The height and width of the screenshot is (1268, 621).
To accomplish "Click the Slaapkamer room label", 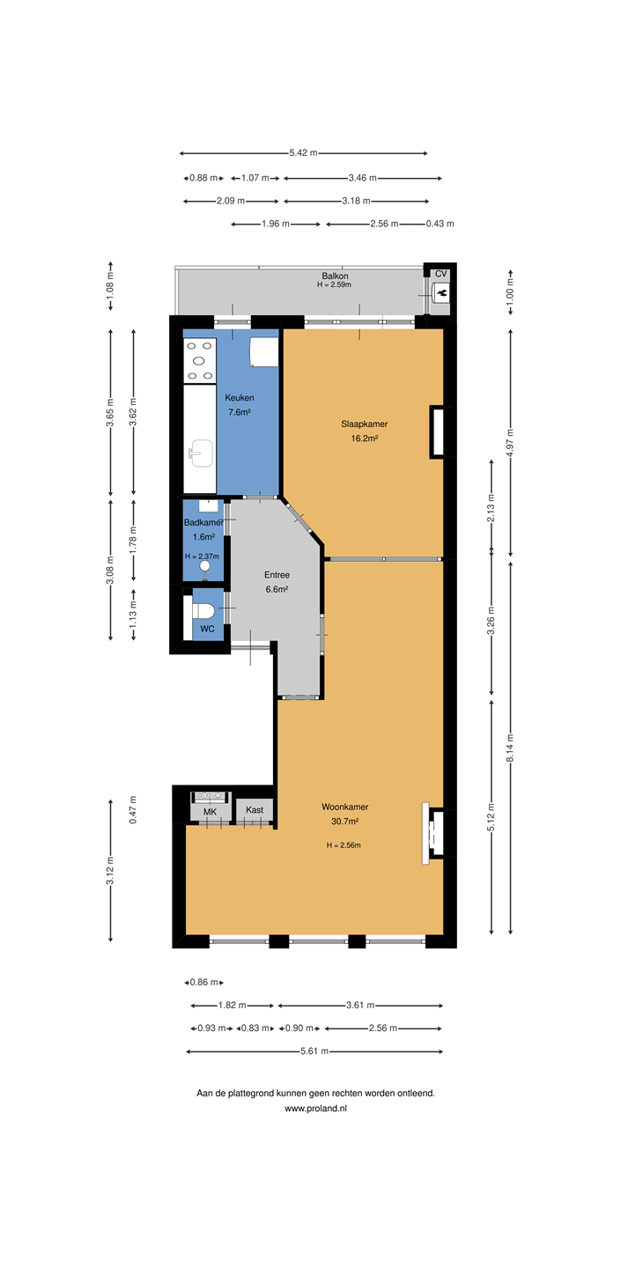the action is [364, 424].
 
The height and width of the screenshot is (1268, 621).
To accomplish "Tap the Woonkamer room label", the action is [344, 807].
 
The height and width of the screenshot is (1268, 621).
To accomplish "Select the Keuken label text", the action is [239, 398].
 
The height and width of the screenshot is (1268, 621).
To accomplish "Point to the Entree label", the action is [277, 574].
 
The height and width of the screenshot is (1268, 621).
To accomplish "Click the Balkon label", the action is [335, 276].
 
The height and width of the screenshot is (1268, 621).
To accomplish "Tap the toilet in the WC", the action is [203, 611].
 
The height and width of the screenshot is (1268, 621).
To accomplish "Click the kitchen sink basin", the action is [201, 453].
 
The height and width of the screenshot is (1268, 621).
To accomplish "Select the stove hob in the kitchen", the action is [200, 360].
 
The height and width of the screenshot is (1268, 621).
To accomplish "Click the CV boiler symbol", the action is [441, 293].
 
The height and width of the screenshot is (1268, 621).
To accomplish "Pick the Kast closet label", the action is [255, 810].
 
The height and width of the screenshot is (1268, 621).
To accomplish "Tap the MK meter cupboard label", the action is [210, 812].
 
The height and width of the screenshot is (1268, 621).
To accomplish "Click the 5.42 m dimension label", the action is [303, 153].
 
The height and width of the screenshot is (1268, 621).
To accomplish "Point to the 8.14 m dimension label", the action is [510, 748].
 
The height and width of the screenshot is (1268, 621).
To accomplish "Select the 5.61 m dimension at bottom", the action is [314, 1051].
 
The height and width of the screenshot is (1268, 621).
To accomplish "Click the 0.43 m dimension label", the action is [440, 224].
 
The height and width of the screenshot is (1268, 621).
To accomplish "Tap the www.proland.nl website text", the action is [315, 1109].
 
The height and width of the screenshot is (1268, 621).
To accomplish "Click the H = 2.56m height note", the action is [344, 845].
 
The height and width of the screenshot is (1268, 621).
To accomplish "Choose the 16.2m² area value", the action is [364, 439].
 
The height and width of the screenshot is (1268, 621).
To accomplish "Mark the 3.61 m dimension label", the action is [360, 1006].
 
